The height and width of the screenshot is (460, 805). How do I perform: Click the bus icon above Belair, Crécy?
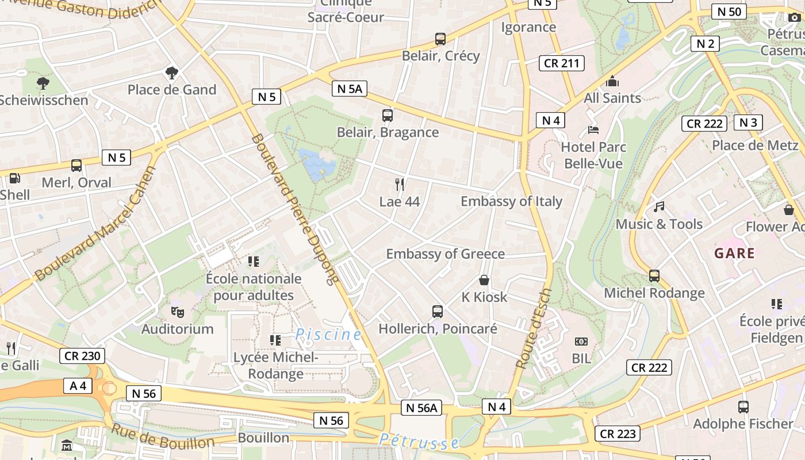pos(440,39)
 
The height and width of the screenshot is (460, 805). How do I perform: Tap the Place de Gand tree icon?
pos(171,72)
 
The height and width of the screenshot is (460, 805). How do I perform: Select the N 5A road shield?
pos(350,89)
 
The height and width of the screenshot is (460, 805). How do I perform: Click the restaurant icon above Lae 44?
pos(400,184)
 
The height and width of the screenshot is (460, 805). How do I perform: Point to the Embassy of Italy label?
pos(511,201)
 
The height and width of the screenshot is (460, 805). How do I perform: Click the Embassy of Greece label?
pos(445,254)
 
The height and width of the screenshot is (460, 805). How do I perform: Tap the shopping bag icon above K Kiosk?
pos(484,280)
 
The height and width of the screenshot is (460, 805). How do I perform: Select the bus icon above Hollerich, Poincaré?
pos(438,312)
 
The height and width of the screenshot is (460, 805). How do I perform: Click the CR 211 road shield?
pos(561,63)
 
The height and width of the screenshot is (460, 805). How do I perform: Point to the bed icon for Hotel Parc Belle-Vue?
pos(593,129)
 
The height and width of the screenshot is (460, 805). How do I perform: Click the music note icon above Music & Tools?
pos(659,206)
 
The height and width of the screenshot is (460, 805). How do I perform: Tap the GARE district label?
pos(734,253)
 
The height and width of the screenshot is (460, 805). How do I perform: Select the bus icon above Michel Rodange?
pos(654,276)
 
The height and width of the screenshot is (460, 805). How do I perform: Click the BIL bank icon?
pos(581,342)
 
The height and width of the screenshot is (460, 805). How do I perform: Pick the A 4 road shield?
pos(78,386)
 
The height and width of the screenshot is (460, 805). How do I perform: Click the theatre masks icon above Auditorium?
pos(177,312)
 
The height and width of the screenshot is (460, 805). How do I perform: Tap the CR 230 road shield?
pos(82,356)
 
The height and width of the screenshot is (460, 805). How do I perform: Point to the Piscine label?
pos(328,334)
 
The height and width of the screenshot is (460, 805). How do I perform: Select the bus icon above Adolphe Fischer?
pos(743,407)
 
